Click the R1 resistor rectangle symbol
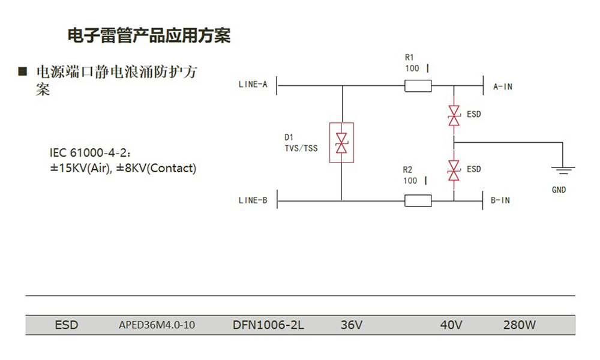418,86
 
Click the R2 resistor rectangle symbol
418,200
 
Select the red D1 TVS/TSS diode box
341,143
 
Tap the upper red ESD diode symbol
454,115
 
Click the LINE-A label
253,85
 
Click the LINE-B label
253,200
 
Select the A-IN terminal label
503,86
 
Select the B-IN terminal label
500,200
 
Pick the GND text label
559,190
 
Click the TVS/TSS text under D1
301,148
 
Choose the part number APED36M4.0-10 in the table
157,325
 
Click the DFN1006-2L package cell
268,325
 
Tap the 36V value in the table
352,325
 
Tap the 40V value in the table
451,325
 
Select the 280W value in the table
520,325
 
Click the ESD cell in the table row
66,325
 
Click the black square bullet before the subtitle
23,72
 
